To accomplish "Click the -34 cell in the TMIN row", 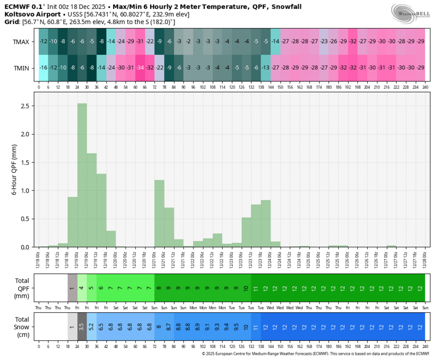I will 140,68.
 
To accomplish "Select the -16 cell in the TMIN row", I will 44,68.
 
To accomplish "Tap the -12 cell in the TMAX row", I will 44,41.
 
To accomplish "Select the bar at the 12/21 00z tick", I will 159,213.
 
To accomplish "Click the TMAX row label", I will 21,41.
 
